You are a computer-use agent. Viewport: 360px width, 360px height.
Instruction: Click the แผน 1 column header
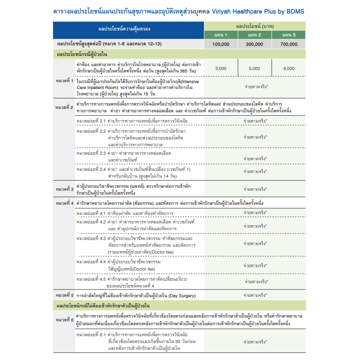click(x=221, y=35)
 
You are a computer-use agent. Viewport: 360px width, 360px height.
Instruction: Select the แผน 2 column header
click(x=254, y=35)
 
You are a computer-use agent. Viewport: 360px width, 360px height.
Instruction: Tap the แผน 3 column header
click(x=288, y=35)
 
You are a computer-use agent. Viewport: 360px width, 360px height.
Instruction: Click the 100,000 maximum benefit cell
click(x=221, y=44)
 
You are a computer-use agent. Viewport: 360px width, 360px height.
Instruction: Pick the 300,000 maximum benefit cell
click(x=254, y=44)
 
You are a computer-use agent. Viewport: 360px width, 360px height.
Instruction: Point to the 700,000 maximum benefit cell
click(x=288, y=44)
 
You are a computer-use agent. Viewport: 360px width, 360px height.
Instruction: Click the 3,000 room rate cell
click(x=221, y=68)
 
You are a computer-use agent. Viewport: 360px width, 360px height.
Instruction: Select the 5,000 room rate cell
click(x=254, y=68)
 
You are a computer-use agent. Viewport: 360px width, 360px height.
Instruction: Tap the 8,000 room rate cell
click(x=288, y=68)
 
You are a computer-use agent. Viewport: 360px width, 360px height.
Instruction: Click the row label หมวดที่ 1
click(x=64, y=80)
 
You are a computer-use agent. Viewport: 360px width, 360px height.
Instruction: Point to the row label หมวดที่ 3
click(x=64, y=189)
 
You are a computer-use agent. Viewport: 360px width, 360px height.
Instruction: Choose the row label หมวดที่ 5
click(x=64, y=295)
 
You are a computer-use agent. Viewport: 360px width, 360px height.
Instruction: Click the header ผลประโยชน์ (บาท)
click(x=254, y=26)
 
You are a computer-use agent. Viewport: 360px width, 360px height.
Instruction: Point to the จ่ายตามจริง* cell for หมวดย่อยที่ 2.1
click(x=255, y=121)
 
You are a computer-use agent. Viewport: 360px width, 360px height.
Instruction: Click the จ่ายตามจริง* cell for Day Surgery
click(x=255, y=295)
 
